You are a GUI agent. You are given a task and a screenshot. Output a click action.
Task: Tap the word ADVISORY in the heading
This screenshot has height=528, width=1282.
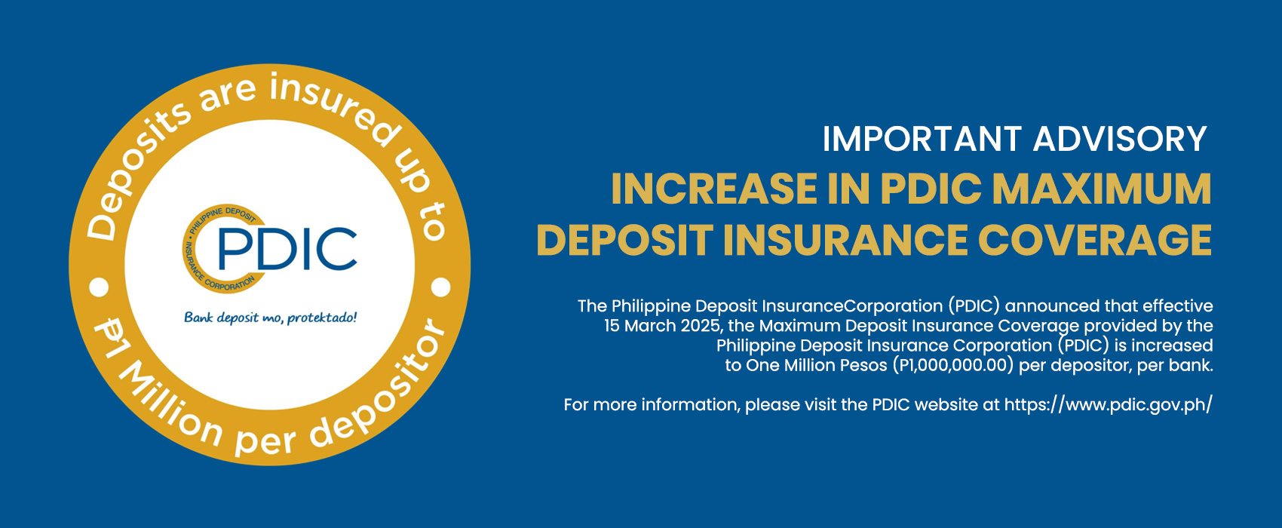coord(1120,139)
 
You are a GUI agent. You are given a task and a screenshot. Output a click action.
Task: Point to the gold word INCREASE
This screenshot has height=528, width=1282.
coord(713,189)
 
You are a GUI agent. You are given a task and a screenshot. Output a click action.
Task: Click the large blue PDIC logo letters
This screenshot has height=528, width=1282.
coord(287,249)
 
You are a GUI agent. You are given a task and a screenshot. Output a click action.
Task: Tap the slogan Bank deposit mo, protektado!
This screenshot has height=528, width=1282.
coord(270,318)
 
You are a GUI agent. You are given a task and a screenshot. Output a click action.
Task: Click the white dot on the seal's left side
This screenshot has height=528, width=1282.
coord(99,287)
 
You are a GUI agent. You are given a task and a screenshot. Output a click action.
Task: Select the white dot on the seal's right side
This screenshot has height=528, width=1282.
coord(440,287)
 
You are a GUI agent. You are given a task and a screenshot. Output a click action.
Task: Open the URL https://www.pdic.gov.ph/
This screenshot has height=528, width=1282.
coord(1108,405)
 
